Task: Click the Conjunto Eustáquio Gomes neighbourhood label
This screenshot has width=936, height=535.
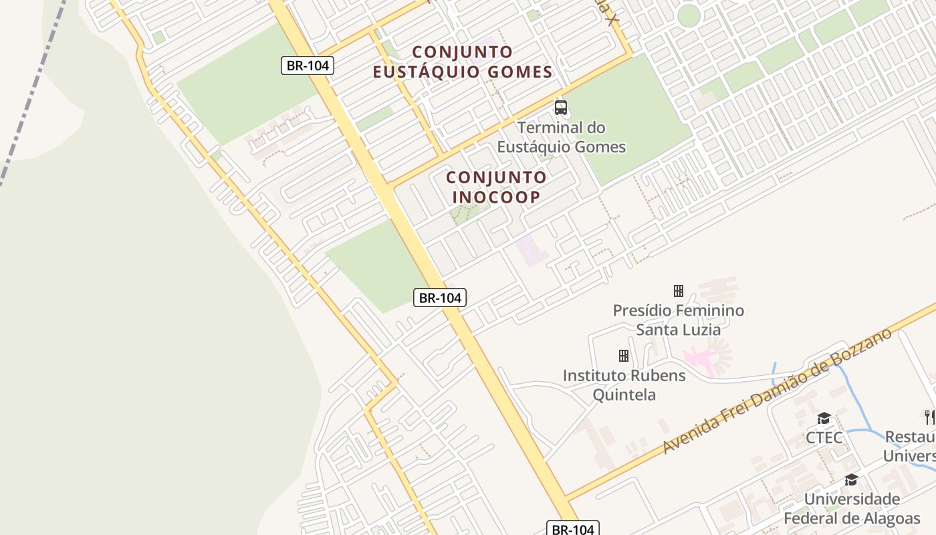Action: (x=463, y=62)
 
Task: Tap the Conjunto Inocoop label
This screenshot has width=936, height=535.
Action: (x=496, y=187)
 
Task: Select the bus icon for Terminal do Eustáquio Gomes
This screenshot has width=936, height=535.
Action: (x=561, y=107)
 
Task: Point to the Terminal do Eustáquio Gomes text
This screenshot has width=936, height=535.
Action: (x=562, y=137)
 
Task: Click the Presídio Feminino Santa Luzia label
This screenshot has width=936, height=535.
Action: (x=679, y=320)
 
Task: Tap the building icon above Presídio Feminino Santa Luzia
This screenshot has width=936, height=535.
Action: (x=679, y=291)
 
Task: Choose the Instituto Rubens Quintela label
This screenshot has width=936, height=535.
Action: (x=624, y=385)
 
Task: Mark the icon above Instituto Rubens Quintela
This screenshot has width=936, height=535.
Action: (x=624, y=355)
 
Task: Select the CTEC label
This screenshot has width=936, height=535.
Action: (x=824, y=438)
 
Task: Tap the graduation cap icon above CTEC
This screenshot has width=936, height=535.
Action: (x=824, y=419)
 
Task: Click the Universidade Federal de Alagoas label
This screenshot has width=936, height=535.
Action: (x=852, y=509)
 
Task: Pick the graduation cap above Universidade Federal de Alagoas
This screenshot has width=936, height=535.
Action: (x=851, y=480)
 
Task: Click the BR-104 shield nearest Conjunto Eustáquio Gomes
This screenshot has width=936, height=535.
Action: (x=307, y=66)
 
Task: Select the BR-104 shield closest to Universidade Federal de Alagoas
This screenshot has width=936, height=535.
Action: (x=573, y=529)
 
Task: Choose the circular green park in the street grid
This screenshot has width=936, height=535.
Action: (x=688, y=15)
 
